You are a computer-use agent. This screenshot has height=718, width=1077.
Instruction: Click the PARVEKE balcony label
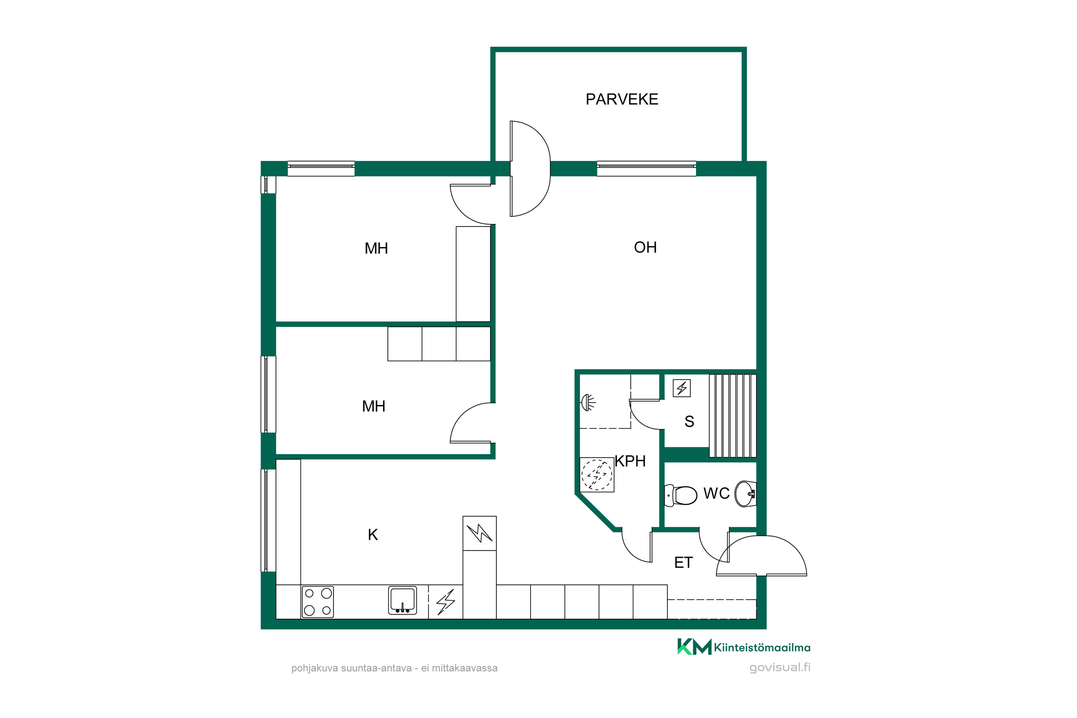(x=622, y=99)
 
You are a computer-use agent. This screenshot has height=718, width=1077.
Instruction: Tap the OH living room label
(x=645, y=247)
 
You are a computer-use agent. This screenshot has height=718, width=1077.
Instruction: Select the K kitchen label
(x=373, y=535)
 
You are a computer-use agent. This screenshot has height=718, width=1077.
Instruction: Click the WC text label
(x=716, y=493)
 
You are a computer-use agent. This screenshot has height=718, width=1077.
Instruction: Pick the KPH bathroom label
(x=630, y=461)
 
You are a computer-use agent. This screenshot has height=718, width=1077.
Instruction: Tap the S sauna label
(x=689, y=421)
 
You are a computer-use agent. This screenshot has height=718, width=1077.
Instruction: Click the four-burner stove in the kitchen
(x=318, y=602)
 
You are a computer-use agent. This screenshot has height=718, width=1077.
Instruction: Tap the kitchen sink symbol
(x=402, y=600)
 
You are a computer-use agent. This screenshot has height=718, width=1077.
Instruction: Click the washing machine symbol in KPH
(x=597, y=475)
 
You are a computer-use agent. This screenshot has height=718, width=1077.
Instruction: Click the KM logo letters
(x=694, y=647)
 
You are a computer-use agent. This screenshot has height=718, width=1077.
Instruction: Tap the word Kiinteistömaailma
(x=762, y=648)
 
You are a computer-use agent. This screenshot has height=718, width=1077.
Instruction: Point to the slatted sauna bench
(x=733, y=416)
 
